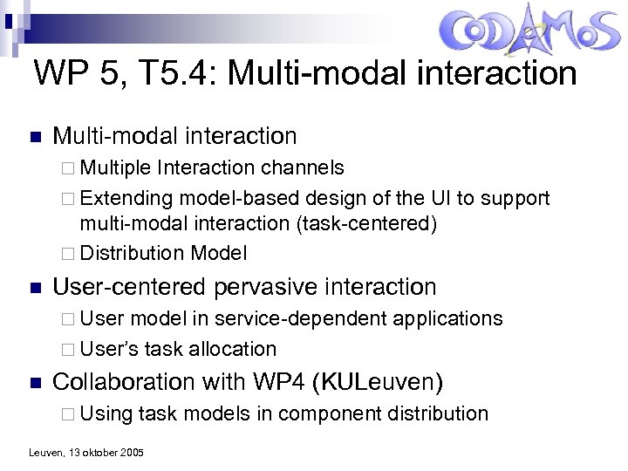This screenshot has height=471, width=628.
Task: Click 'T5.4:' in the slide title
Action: pos(177,73)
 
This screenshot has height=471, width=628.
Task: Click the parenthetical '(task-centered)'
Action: pos(366,223)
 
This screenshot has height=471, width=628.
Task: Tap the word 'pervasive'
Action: pos(274,286)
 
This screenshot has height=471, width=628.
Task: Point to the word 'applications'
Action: pos(447,318)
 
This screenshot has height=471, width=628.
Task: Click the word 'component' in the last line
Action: pos(328,413)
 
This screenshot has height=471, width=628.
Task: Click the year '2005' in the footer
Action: pos(133,453)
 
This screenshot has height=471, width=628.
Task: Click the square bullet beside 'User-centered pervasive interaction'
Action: pos(34,287)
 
